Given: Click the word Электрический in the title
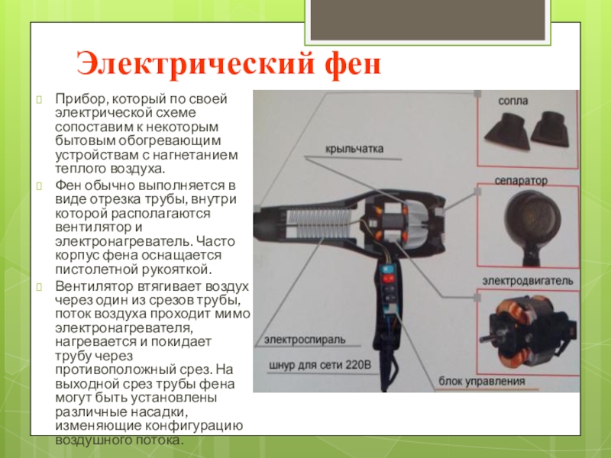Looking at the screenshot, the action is pyautogui.click(x=195, y=64).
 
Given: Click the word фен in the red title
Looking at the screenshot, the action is pyautogui.click(x=353, y=64).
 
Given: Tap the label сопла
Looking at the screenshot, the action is pyautogui.click(x=512, y=102).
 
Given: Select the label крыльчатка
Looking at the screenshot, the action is pyautogui.click(x=354, y=149).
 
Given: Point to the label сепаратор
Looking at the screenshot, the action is pyautogui.click(x=521, y=181).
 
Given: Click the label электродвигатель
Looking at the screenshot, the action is pyautogui.click(x=528, y=281).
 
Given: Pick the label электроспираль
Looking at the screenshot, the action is pyautogui.click(x=305, y=340).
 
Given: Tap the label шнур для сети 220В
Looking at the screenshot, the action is pyautogui.click(x=320, y=366).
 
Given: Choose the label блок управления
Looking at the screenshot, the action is pyautogui.click(x=482, y=381).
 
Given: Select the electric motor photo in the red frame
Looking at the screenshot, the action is pyautogui.click(x=528, y=331).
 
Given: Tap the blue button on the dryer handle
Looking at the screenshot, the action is pyautogui.click(x=388, y=269).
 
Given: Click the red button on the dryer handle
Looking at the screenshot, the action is pyautogui.click(x=388, y=279).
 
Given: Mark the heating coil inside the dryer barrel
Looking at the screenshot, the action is pyautogui.click(x=318, y=224).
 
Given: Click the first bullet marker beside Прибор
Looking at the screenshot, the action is pyautogui.click(x=39, y=99).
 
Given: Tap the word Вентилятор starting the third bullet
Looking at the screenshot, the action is pyautogui.click(x=93, y=286).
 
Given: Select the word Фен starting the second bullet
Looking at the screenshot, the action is pyautogui.click(x=68, y=185).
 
